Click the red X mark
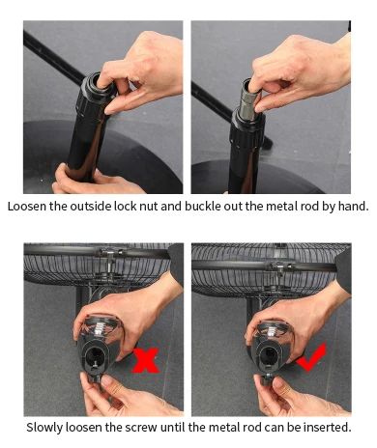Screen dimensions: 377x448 146,360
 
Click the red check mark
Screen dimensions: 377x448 311,358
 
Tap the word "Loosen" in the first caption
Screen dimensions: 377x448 27,207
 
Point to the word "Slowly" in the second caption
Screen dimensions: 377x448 44,428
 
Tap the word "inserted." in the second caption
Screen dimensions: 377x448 328,428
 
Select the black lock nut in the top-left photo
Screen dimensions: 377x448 91,92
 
